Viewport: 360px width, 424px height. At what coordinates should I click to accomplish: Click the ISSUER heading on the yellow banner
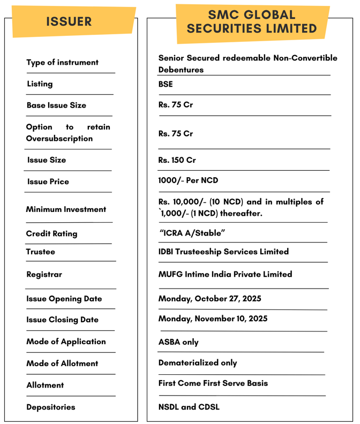[69, 22]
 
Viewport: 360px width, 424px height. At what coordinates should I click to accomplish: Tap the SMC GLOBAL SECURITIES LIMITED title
[252, 22]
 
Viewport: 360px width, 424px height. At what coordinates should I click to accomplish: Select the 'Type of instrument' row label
[63, 63]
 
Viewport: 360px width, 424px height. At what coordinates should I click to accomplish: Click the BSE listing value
[166, 84]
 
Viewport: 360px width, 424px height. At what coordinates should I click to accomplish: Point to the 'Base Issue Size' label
[56, 105]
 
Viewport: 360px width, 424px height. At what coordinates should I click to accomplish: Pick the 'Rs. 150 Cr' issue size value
[177, 160]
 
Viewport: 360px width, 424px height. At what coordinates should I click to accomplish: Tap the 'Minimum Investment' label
[66, 209]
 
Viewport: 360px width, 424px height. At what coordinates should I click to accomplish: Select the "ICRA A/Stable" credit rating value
[192, 233]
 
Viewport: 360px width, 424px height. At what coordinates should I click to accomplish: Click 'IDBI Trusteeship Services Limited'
[223, 252]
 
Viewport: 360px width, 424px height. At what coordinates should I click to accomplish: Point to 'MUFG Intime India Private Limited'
[225, 274]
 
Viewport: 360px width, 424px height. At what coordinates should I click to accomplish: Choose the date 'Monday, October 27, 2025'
[210, 299]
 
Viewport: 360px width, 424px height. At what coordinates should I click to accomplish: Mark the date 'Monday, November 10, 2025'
[213, 319]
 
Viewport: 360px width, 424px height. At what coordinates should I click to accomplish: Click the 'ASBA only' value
[178, 342]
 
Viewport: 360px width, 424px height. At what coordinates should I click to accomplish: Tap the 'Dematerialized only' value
[198, 362]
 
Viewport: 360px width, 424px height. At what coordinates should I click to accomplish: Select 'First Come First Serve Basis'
[213, 383]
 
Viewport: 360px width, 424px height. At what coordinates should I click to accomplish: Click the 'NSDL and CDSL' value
[189, 407]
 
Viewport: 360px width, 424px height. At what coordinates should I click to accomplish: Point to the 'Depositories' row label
[51, 407]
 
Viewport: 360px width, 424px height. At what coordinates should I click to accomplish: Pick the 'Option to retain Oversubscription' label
[68, 133]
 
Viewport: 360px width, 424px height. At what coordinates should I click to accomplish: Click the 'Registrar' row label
[44, 275]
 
